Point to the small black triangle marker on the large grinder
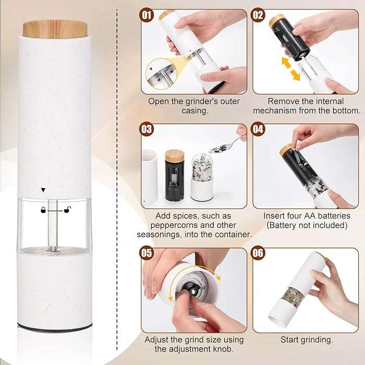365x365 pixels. (x=43, y=190)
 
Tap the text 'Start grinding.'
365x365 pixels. (x=307, y=339)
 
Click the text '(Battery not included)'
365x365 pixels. (x=306, y=225)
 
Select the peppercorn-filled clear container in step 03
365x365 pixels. (x=201, y=177)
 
